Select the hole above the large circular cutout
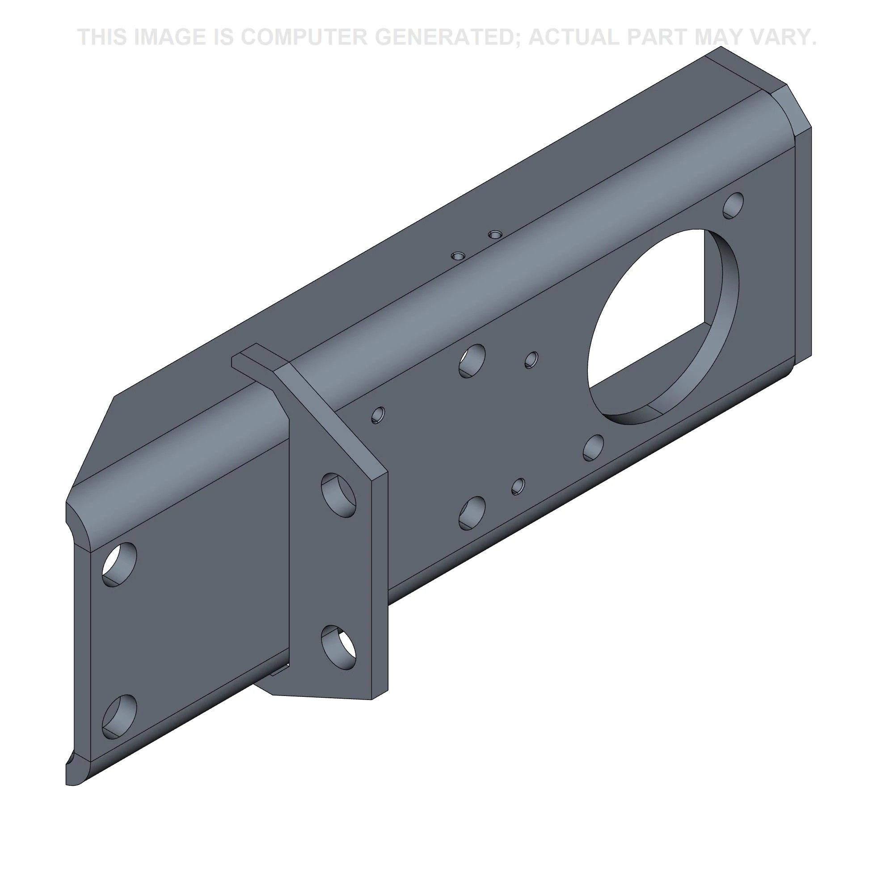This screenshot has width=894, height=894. click(734, 206)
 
